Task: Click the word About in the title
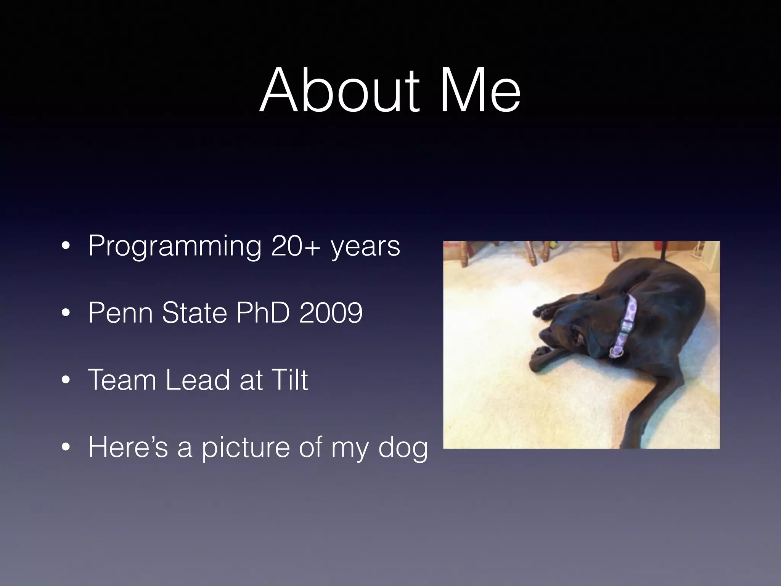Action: click(339, 90)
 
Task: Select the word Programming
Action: click(175, 246)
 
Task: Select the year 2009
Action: click(331, 313)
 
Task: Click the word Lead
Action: click(198, 380)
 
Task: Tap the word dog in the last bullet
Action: click(403, 447)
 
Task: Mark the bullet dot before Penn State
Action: click(66, 314)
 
